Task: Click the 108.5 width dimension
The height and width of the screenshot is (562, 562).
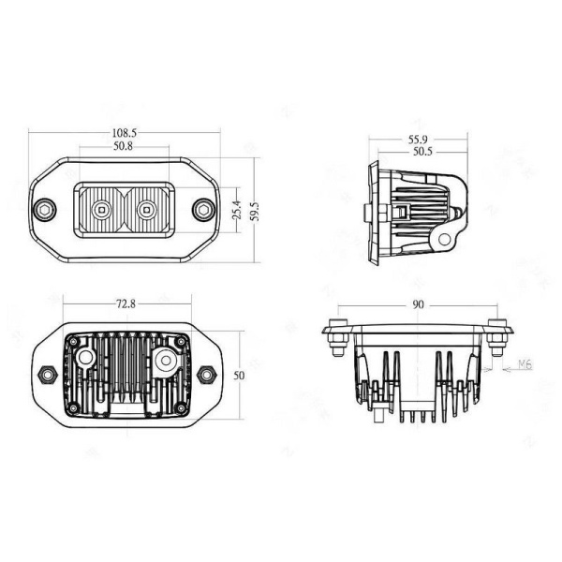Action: tap(125, 134)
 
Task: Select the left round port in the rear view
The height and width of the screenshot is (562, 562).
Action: tap(84, 360)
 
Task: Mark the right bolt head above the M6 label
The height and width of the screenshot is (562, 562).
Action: tap(497, 330)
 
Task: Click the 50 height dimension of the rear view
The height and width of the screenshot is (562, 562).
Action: tap(239, 375)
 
